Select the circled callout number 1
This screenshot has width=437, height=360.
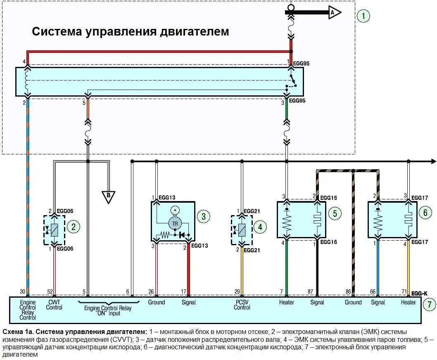pyautogui.click(x=363, y=16)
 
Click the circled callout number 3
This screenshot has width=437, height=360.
pyautogui.click(x=204, y=216)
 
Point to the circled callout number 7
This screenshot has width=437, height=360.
pyautogui.click(x=429, y=304)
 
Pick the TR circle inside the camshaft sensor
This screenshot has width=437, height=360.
pyautogui.click(x=175, y=223)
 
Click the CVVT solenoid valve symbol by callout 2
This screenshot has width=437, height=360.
pyautogui.click(x=54, y=230)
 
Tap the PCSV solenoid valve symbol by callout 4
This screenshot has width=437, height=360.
pyautogui.click(x=242, y=230)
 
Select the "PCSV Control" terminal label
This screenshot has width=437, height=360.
pyautogui.click(x=242, y=305)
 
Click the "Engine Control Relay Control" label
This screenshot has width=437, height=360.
pyautogui.click(x=28, y=310)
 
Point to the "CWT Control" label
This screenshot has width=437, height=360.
pyautogui.click(x=54, y=305)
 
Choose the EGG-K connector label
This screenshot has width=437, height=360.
pyautogui.click(x=419, y=294)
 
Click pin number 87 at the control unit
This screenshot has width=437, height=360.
pyautogui.click(x=310, y=291)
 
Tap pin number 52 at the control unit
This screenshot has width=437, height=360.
pyautogui.click(x=50, y=291)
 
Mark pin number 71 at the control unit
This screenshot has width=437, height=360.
pyautogui.click(x=404, y=291)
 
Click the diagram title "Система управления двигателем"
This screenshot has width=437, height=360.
pyautogui.click(x=131, y=31)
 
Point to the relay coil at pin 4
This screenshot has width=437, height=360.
pyautogui.click(x=27, y=81)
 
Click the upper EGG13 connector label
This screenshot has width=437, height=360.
pyautogui.click(x=167, y=198)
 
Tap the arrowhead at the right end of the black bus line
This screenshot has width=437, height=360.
pyautogui.click(x=434, y=161)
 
